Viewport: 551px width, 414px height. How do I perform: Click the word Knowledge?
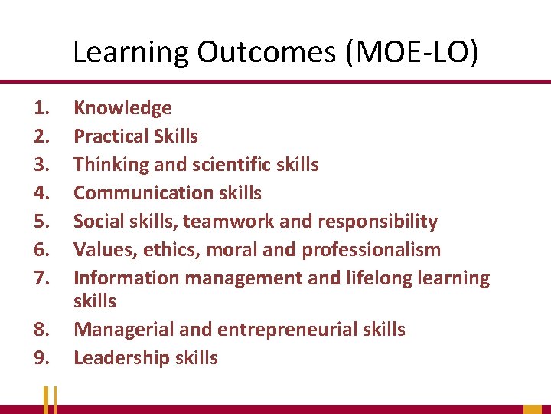122,108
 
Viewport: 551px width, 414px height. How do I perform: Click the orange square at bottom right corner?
533,409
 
